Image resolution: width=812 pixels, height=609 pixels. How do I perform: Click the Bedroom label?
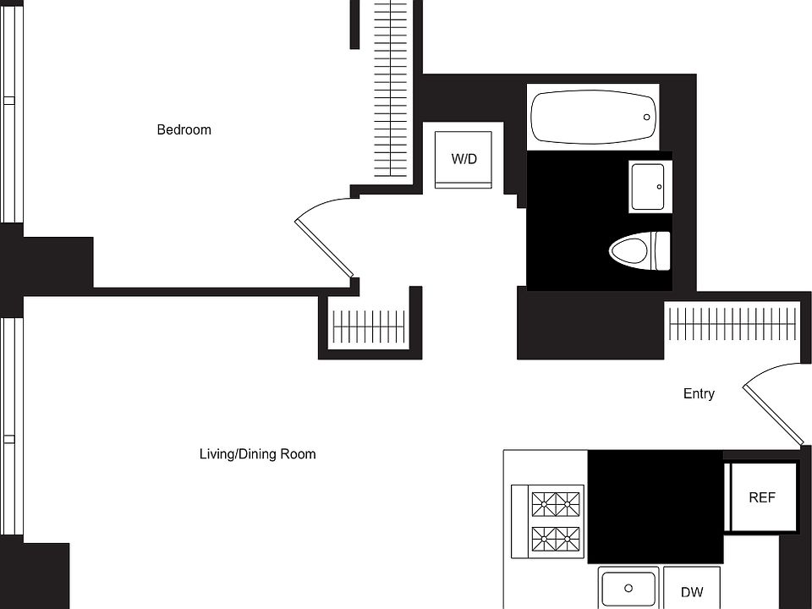pos(184,129)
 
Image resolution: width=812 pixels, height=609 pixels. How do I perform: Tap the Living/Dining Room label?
pos(257,454)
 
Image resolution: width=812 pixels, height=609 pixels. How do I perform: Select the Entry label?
pos(699,393)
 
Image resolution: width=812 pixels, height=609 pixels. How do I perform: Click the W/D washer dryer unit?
pos(464,159)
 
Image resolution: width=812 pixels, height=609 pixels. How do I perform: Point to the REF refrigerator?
pos(762,497)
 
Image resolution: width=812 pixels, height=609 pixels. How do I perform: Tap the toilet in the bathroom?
pos(639,250)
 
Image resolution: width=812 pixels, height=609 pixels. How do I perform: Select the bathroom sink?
pos(649,186)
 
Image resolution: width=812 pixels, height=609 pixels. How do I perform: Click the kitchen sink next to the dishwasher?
pos(628,588)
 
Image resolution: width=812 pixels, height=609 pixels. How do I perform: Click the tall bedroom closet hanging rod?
pos(391,89)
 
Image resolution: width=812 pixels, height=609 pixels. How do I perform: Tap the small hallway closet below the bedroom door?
pos(370,326)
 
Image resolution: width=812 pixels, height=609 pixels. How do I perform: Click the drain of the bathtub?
pos(647,117)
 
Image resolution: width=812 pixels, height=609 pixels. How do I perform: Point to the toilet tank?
pos(661,250)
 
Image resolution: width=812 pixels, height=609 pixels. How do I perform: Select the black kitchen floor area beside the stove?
pos(655,506)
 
